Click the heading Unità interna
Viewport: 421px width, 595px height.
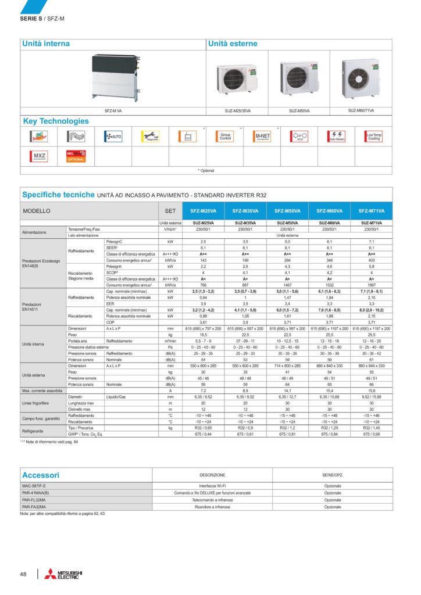coord(46,44)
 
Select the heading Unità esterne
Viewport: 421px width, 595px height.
coord(233,44)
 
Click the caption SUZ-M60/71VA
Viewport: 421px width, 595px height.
coord(361,110)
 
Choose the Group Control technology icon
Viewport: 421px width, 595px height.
coord(224,137)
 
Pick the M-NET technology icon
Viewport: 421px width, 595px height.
coord(262,137)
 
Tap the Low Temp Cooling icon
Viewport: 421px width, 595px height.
coord(374,137)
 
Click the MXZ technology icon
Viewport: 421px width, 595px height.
coord(39,156)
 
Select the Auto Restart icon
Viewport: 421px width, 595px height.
coord(337,137)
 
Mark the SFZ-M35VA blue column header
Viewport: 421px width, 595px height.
coord(245,211)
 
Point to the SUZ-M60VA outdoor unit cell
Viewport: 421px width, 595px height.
coord(329,223)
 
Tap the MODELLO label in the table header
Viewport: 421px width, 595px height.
coord(37,211)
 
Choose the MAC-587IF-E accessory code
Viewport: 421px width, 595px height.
coord(34,485)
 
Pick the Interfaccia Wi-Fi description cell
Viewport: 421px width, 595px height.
coord(212,485)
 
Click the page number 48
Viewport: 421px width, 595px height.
coord(23,574)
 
